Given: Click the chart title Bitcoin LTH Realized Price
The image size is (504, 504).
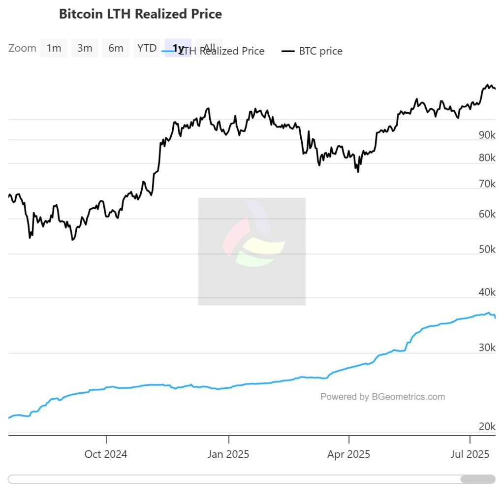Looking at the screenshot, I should (x=140, y=14).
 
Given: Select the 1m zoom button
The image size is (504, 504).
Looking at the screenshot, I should (x=54, y=48).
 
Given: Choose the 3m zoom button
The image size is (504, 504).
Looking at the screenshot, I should (x=85, y=48).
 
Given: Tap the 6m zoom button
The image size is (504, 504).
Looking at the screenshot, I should (x=116, y=48).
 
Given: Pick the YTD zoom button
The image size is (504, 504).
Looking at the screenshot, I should (x=147, y=48).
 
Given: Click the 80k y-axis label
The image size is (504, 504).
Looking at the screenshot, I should (x=487, y=158).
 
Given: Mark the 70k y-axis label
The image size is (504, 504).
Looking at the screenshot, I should (x=487, y=184).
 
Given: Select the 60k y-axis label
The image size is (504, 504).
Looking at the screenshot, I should (x=487, y=214).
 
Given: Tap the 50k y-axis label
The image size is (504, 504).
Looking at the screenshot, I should (x=487, y=250).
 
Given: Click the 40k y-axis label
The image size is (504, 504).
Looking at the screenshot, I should (x=487, y=292).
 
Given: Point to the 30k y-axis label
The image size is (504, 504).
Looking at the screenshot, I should (x=487, y=348).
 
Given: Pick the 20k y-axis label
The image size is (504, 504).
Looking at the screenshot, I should (x=487, y=426).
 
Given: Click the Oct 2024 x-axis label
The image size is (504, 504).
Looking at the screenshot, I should (x=106, y=454).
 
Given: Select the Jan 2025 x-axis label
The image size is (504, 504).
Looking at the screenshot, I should (x=228, y=454).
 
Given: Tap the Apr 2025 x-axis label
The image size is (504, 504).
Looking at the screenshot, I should (x=348, y=454).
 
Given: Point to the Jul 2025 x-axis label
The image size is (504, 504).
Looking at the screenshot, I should (x=470, y=454).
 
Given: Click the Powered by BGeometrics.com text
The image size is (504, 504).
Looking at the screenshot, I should (x=382, y=397).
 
